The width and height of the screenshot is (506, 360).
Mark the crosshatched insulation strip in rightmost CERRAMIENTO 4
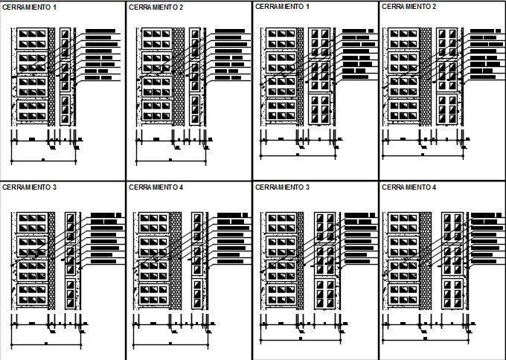(x=426, y=260)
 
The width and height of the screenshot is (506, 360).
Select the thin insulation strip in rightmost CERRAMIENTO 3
(x=301, y=260)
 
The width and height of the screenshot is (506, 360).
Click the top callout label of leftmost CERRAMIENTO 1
(x=100, y=32)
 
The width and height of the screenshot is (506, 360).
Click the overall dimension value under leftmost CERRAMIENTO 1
(x=43, y=159)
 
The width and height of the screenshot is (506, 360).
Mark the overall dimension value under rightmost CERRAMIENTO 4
(x=424, y=338)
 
